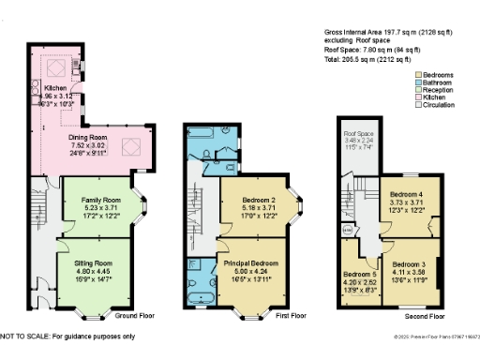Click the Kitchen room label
[55, 87]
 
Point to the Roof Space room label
[357, 135]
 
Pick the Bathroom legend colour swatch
[418, 82]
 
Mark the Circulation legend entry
[442, 106]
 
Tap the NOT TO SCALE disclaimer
[67, 336]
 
